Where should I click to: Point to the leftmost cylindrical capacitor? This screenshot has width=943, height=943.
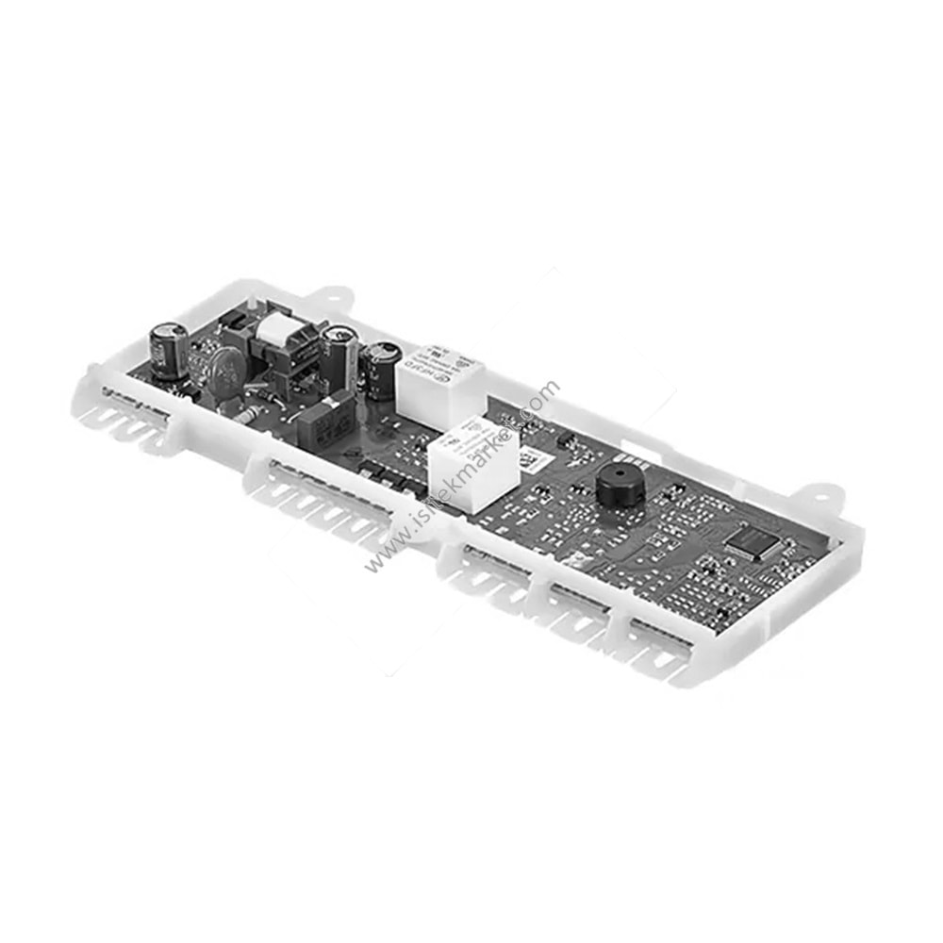pyautogui.click(x=169, y=349)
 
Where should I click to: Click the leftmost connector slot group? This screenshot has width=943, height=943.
pyautogui.click(x=132, y=415)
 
